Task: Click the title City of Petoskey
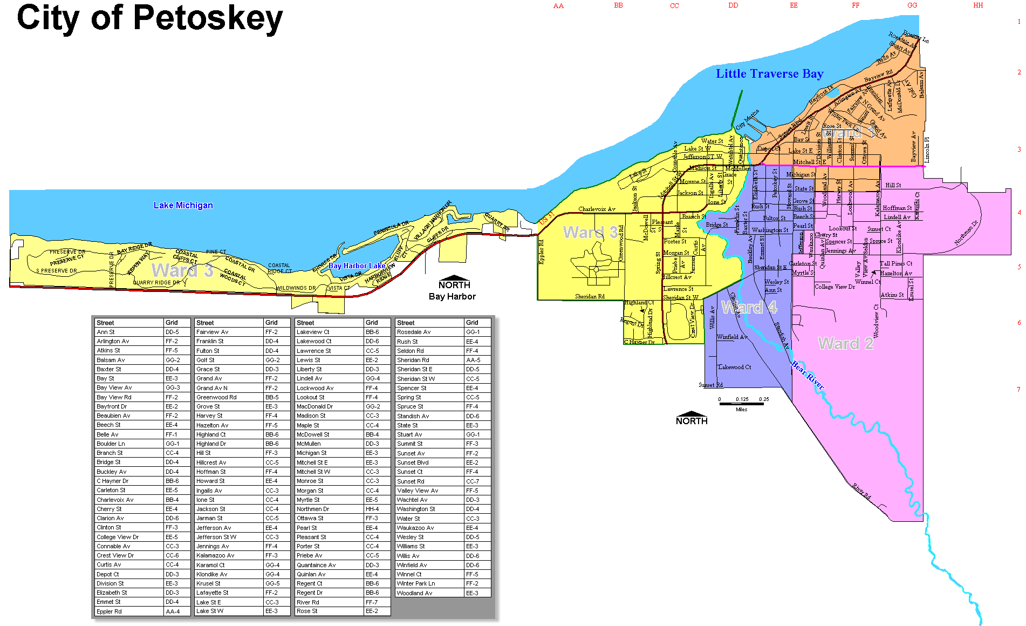point(149,18)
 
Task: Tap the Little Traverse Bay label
point(769,74)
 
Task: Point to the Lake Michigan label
point(183,205)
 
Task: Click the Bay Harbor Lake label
point(357,266)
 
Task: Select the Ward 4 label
point(749,308)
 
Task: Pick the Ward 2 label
point(845,344)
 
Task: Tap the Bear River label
point(808,375)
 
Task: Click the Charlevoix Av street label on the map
point(597,209)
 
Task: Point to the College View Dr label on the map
point(835,287)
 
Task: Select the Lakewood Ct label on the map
point(734,367)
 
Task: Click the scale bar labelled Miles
point(741,404)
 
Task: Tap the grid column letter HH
point(978,5)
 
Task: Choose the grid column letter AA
point(558,6)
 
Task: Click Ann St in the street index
point(106,332)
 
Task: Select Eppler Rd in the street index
point(109,611)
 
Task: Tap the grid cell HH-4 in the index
point(372,509)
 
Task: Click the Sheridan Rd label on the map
point(590,296)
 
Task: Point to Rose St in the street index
point(307,611)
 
